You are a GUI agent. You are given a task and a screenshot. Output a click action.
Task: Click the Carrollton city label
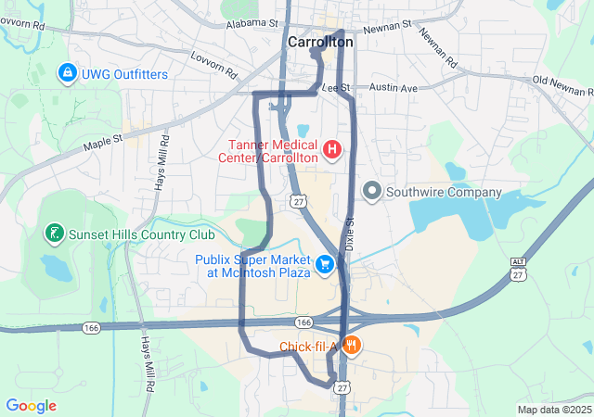pyautogui.click(x=320, y=42)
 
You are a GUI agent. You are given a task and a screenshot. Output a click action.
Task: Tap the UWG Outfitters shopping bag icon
pyautogui.click(x=68, y=71)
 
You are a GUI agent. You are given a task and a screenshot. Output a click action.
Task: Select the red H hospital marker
pyautogui.click(x=331, y=148)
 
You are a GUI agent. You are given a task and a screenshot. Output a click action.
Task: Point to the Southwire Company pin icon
pyautogui.click(x=372, y=192)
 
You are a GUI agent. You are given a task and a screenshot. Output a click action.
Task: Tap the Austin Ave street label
pyautogui.click(x=394, y=88)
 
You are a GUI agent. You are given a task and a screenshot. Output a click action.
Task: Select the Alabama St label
pyautogui.click(x=252, y=22)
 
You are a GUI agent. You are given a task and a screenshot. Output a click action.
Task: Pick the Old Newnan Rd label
pyautogui.click(x=563, y=85)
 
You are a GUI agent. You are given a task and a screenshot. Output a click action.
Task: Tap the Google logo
pyautogui.click(x=31, y=406)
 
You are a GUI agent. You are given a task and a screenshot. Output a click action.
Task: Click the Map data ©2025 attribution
pyautogui.click(x=553, y=410)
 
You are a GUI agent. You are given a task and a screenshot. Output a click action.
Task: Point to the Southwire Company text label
pyautogui.click(x=444, y=193)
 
